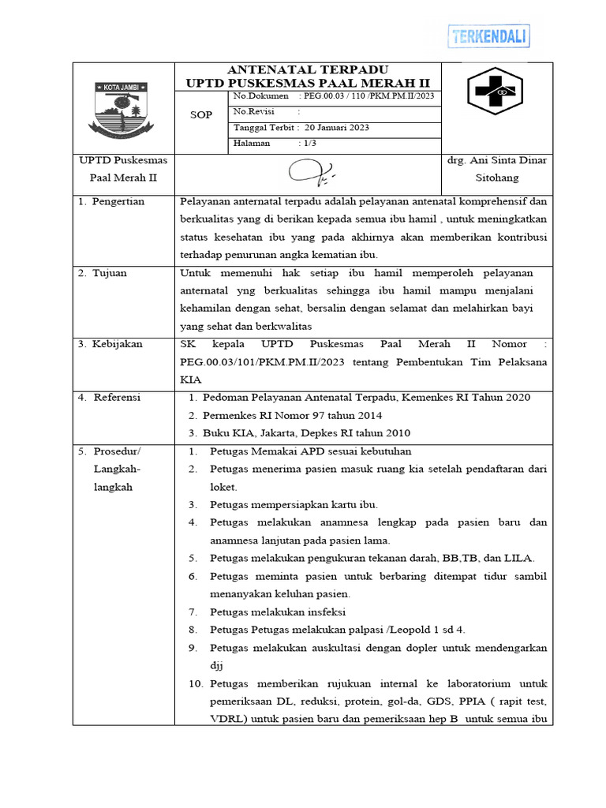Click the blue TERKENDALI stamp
[488, 36]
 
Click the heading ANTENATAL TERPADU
[308, 70]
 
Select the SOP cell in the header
[202, 114]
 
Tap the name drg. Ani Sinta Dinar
[497, 160]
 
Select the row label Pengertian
[118, 202]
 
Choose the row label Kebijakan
[117, 344]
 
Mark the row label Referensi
[117, 398]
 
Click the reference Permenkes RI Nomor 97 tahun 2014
[292, 415]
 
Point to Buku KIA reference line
[306, 433]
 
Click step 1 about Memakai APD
[299, 451]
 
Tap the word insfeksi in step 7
[324, 612]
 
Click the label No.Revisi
[253, 112]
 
